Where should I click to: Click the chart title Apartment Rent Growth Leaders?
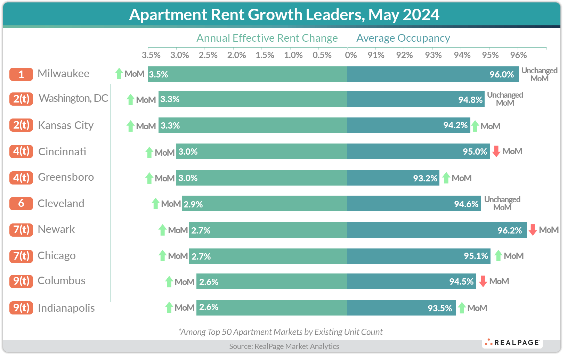coord(284,15)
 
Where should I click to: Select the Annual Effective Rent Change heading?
coord(267,38)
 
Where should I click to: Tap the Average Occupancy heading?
coord(403,38)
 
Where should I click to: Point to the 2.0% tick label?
coord(236,55)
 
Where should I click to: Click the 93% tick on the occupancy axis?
coord(433,55)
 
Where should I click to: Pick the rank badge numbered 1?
coord(21,74)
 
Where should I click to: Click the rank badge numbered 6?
coord(21,204)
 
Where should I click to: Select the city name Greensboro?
coord(66,177)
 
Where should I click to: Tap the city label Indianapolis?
coord(66,308)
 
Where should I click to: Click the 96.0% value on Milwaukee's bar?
coord(501,74)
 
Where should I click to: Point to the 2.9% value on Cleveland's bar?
coord(193,204)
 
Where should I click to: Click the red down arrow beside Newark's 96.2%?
coord(532,230)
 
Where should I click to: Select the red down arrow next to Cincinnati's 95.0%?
coord(496,152)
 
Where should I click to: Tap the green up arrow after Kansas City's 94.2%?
coord(475,126)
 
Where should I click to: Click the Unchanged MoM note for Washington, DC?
coord(505,99)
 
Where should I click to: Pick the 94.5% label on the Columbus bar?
coord(461,281)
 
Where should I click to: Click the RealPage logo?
coord(512,343)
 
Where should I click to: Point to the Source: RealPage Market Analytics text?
coord(284,346)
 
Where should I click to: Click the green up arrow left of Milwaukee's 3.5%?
coord(119,74)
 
